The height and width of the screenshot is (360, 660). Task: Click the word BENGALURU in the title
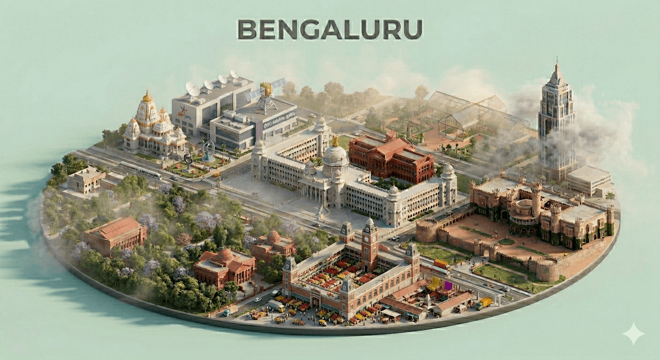tap(330, 30)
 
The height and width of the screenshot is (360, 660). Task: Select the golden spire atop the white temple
tap(147, 97)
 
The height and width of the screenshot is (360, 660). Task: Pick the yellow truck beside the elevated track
tap(484, 303)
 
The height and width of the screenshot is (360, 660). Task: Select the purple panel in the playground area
tap(448, 285)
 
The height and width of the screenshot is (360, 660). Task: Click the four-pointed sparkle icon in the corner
tap(633, 333)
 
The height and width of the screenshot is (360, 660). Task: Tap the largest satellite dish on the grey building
tap(192, 89)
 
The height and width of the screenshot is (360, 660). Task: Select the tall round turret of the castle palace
tap(536, 198)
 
